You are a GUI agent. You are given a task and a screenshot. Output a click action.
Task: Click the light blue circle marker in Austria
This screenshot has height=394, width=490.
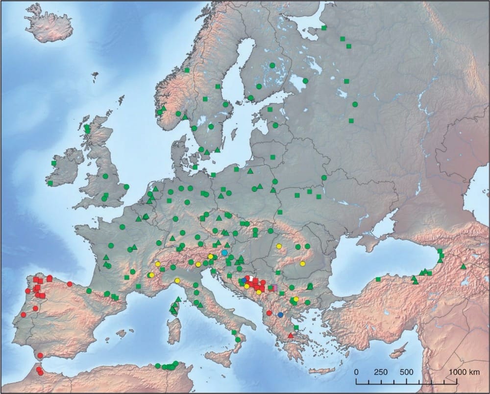point(224,253)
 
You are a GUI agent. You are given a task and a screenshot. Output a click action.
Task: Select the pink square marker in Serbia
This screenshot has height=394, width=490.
point(274,287)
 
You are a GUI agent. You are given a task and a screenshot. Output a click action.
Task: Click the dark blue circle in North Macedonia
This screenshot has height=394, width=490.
point(280,315)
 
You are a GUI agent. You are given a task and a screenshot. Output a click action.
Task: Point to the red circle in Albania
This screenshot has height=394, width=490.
point(269,313)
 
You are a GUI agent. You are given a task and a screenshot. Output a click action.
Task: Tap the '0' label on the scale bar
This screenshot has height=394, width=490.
point(356,372)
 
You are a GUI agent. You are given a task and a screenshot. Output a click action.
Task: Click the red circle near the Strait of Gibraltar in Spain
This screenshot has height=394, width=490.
point(40,355)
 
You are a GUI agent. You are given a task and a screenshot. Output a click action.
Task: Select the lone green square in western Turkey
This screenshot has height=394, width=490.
point(378,279)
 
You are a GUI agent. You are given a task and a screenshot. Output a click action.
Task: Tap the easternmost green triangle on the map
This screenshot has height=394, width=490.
point(464,267)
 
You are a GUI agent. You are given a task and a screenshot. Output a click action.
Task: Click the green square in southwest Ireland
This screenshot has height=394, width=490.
point(50,183)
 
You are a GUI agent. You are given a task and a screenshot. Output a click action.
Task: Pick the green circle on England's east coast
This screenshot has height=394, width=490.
point(126,186)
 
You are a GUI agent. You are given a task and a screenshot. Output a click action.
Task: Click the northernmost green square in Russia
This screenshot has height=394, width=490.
point(324,28)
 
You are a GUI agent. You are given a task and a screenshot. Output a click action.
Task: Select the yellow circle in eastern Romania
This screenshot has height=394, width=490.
point(302,264)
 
